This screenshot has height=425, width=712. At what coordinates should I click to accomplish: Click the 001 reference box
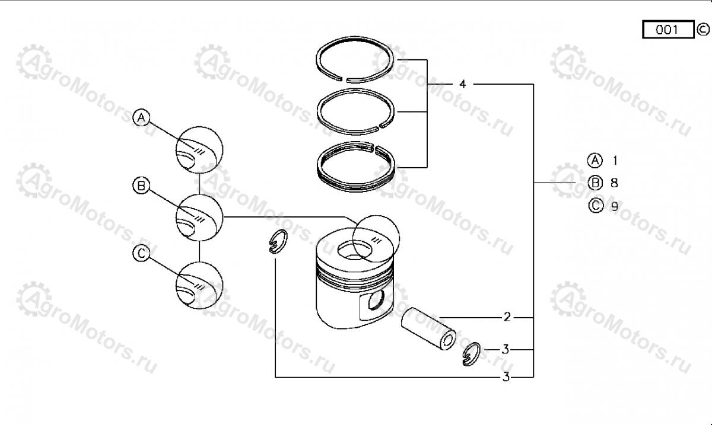tap(668, 30)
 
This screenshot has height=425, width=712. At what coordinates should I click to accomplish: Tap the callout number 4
tap(462, 84)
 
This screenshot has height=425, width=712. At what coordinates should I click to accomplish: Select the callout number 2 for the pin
tap(507, 317)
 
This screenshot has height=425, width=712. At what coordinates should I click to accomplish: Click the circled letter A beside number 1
tap(595, 161)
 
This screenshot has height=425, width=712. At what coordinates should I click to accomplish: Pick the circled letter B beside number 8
tap(595, 183)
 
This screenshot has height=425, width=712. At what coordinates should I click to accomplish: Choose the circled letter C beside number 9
tap(596, 206)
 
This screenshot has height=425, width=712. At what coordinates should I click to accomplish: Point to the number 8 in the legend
tap(614, 183)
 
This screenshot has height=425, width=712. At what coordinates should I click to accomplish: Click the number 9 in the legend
tap(615, 206)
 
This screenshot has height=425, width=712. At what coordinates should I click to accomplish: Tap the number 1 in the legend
tap(615, 161)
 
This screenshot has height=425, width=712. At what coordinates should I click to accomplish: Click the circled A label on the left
tap(141, 118)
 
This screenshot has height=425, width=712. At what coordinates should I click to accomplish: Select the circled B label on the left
tap(141, 186)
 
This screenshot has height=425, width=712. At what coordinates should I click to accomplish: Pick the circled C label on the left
tap(141, 253)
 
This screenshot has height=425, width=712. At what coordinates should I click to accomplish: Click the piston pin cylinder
tap(428, 329)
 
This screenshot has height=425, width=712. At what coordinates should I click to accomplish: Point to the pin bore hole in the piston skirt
tap(376, 300)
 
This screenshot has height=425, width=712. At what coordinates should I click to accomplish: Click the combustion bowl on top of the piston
tap(355, 250)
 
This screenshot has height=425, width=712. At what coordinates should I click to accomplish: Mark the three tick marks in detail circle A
tap(199, 152)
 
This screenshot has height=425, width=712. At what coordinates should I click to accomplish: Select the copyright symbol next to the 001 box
tap(703, 30)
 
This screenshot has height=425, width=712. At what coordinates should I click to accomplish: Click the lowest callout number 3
tap(506, 377)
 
